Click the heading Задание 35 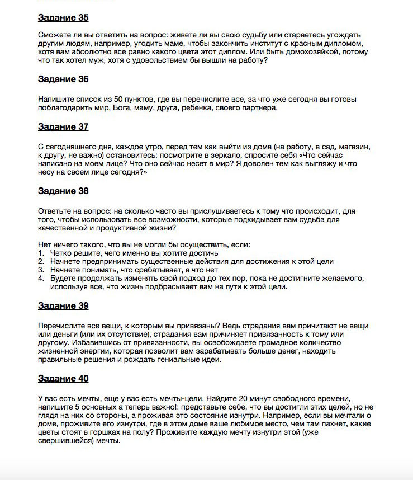click(63, 18)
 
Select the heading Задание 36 click(63, 79)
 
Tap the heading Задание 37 click(63, 126)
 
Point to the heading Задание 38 click(63, 191)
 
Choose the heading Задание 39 click(63, 305)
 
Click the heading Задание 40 click(63, 378)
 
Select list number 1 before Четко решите click(41, 253)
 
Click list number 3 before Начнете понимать click(41, 269)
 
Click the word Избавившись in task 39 click(61, 342)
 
